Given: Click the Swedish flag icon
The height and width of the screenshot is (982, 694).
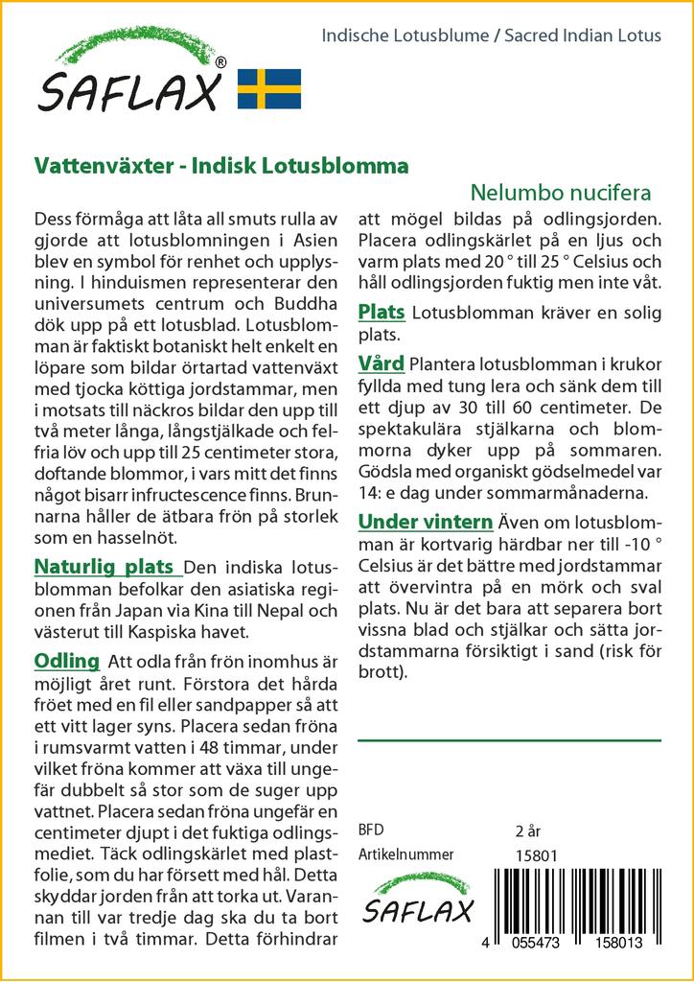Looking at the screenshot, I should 269,87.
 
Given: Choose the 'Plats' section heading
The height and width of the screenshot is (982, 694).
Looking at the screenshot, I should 381,313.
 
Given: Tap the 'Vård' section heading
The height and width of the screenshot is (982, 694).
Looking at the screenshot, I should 381,363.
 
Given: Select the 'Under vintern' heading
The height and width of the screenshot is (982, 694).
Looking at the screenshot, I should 425,522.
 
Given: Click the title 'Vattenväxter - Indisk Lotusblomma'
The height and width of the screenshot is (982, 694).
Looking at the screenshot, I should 220,165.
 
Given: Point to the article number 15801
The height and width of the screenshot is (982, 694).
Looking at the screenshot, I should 536,855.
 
